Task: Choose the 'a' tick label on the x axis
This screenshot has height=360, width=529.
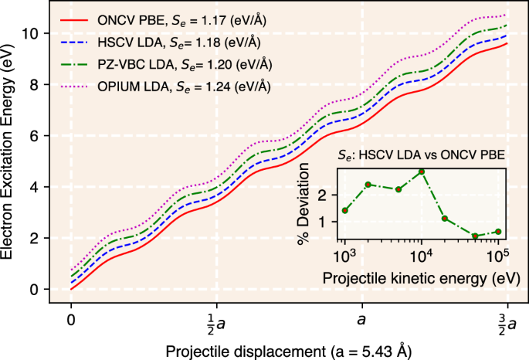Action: [361, 318]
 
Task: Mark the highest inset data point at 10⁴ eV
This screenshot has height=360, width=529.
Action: [422, 172]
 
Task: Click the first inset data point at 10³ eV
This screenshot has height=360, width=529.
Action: [344, 210]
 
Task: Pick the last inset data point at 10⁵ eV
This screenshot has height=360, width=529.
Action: [498, 232]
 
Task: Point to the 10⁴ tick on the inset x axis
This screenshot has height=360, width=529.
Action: [422, 256]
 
